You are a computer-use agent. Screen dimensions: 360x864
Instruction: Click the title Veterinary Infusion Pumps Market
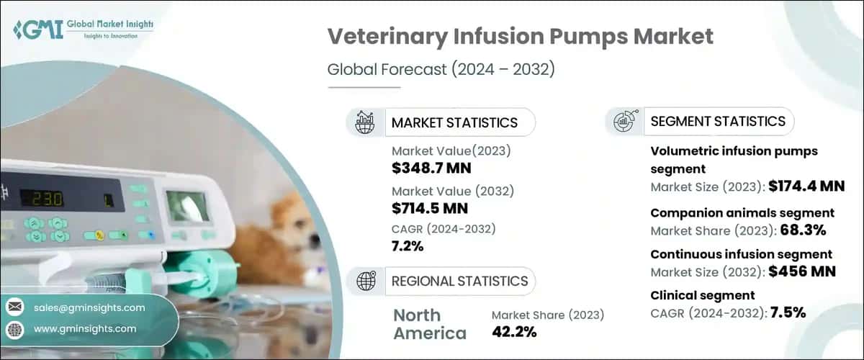click(521, 38)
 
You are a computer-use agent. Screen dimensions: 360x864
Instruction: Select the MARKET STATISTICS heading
click(454, 122)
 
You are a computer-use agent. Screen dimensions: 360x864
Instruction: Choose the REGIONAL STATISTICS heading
click(459, 281)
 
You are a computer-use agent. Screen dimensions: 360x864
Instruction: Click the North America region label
click(430, 324)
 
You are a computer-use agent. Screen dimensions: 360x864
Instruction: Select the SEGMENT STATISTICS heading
click(718, 121)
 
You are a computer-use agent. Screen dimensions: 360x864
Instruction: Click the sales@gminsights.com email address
click(89, 307)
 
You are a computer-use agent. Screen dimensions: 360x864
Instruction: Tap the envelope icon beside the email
click(15, 307)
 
